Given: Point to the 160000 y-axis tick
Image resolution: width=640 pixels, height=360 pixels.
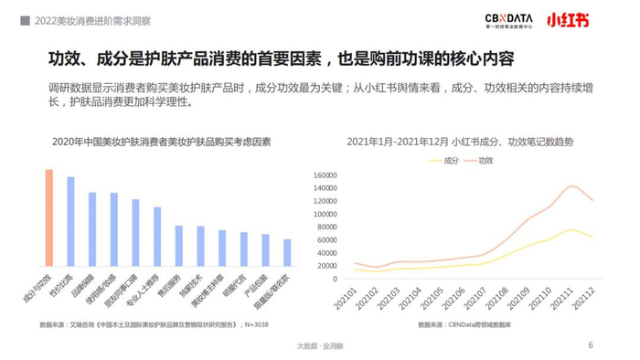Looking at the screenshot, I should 326,175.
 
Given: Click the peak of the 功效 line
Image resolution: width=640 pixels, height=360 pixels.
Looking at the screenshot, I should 572,186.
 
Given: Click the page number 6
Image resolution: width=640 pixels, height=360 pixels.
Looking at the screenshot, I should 590,345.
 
